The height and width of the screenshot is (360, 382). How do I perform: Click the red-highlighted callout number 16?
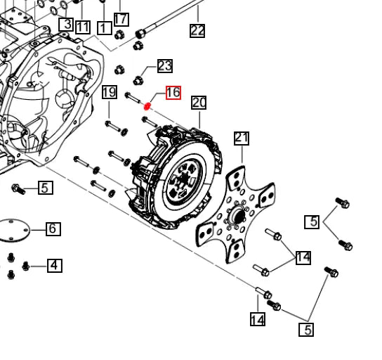pos(173,93)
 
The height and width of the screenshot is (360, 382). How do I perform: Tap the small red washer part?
pos(147,107)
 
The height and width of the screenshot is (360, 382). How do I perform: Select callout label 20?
pos(199,103)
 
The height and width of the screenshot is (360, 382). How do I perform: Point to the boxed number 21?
pos(242,137)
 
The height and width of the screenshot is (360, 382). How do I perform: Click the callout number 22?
pos(197,30)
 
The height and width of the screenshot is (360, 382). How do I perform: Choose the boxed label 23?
pos(164,66)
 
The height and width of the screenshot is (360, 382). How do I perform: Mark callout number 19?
pos(109,92)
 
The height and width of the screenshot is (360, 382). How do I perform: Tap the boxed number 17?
pos(121,19)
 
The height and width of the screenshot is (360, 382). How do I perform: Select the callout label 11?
pos(83,27)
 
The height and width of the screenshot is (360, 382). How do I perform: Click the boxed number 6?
pos(53,229)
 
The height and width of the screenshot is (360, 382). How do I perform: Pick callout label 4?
pos(54,265)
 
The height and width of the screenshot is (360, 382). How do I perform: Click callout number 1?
pos(105,28)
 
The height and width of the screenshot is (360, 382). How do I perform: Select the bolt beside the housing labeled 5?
pos(18,188)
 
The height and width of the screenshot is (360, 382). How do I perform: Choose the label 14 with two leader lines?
pos(303,257)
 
